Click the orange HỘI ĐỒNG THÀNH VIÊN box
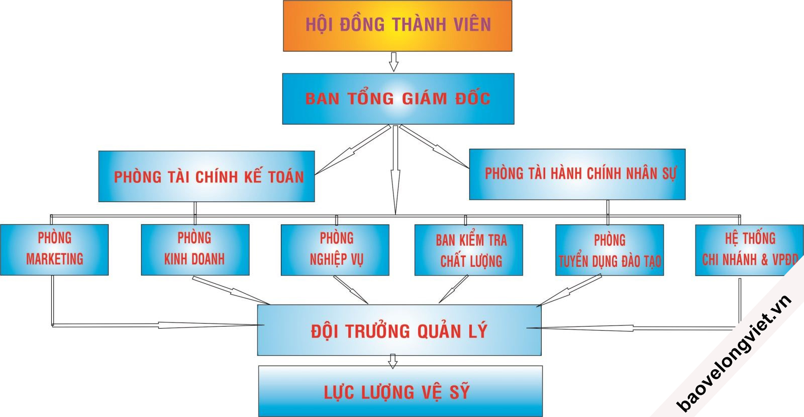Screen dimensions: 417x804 397,26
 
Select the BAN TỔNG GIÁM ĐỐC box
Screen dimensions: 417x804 398,98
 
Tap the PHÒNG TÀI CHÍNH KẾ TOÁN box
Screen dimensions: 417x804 207,176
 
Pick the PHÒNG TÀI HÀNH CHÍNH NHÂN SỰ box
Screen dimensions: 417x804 577,174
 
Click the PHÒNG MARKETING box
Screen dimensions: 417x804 54,249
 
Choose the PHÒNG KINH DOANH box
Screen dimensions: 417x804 195,249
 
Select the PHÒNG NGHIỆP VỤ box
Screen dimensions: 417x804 335,250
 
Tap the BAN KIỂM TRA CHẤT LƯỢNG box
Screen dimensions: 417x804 468,250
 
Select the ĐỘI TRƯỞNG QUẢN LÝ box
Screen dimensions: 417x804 399,331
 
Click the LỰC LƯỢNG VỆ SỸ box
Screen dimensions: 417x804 400,391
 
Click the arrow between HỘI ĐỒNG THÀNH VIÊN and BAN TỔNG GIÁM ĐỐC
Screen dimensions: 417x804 393,62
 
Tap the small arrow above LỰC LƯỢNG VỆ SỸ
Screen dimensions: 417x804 393,361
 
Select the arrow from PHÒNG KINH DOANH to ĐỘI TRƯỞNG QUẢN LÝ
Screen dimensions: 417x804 231,290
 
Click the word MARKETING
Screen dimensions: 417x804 54,259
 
